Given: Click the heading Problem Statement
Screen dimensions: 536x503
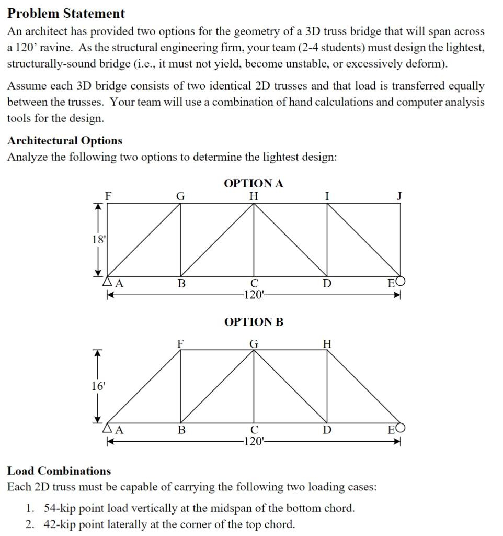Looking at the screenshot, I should [x=66, y=14].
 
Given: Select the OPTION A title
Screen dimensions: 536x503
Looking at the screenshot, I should [x=254, y=183].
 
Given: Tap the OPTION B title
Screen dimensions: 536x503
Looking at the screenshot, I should [x=254, y=321].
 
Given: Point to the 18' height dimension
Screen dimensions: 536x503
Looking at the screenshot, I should [x=98, y=240].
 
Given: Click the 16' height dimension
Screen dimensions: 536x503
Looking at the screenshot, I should [x=98, y=386].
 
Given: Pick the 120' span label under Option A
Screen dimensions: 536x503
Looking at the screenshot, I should [x=254, y=295].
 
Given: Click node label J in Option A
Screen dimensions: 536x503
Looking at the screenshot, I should [x=399, y=196].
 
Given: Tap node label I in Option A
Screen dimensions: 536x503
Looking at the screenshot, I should [x=327, y=196].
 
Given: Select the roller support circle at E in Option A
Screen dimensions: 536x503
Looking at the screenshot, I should [x=402, y=282].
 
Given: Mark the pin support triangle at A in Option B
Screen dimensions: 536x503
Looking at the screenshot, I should [x=109, y=429].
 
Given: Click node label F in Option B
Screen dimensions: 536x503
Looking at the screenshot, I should [x=180, y=343].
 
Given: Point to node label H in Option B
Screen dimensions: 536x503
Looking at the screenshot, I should [x=327, y=343].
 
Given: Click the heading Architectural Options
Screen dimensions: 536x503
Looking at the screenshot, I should [x=65, y=140].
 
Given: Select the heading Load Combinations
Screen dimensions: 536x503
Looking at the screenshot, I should [x=59, y=471].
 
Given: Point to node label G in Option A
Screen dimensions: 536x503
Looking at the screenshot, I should [x=180, y=196].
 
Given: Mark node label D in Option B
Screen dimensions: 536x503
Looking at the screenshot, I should [x=327, y=430].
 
